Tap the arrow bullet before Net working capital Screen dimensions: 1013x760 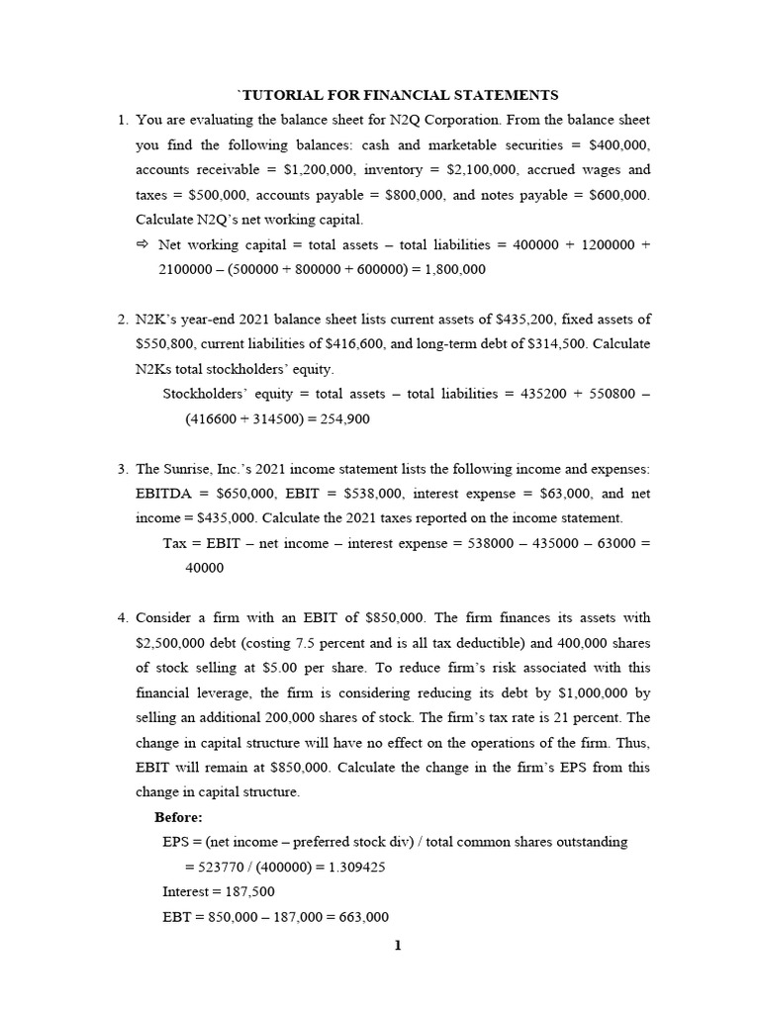(x=142, y=244)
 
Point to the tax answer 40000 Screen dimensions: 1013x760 (x=205, y=568)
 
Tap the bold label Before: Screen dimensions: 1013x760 (x=178, y=816)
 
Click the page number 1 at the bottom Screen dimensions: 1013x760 (x=398, y=946)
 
